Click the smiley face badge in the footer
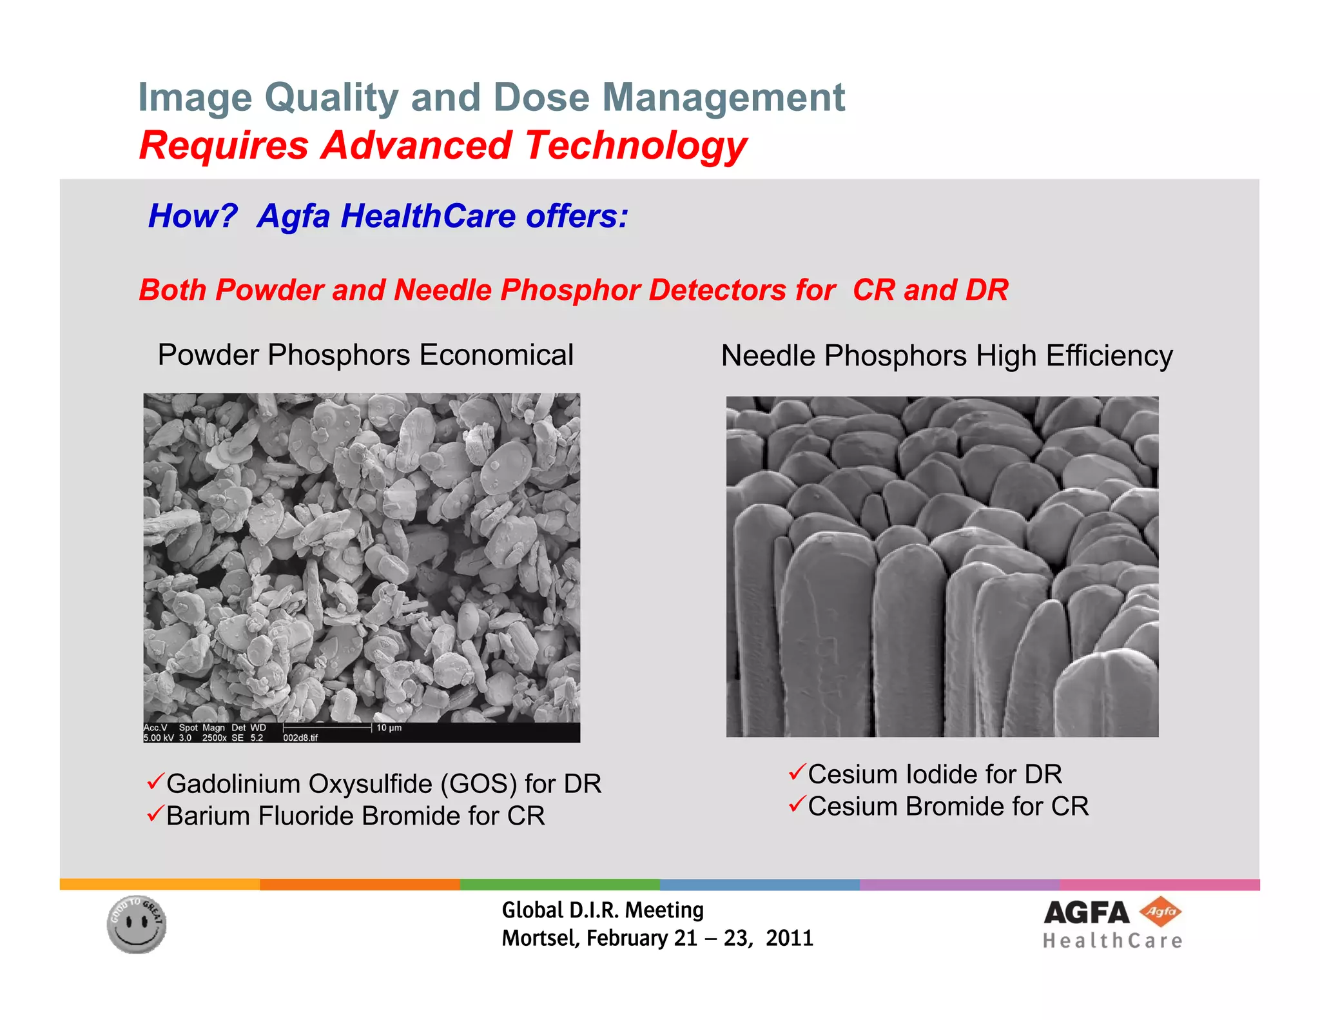tap(136, 924)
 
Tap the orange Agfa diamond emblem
tap(1160, 912)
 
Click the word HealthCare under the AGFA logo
tap(1112, 941)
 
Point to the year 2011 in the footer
tap(790, 938)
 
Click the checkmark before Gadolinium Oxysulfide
tap(155, 782)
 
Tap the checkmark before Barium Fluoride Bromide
tap(155, 814)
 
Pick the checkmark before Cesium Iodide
tap(797, 772)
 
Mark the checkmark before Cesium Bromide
tap(797, 804)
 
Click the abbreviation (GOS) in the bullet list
tap(479, 784)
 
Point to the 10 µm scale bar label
tap(389, 728)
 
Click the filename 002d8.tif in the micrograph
tap(300, 738)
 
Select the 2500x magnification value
tap(214, 738)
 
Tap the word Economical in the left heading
tap(496, 355)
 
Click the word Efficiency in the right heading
tap(1109, 356)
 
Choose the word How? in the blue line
tap(193, 216)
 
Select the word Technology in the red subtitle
tap(636, 146)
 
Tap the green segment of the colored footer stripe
tap(559, 885)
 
